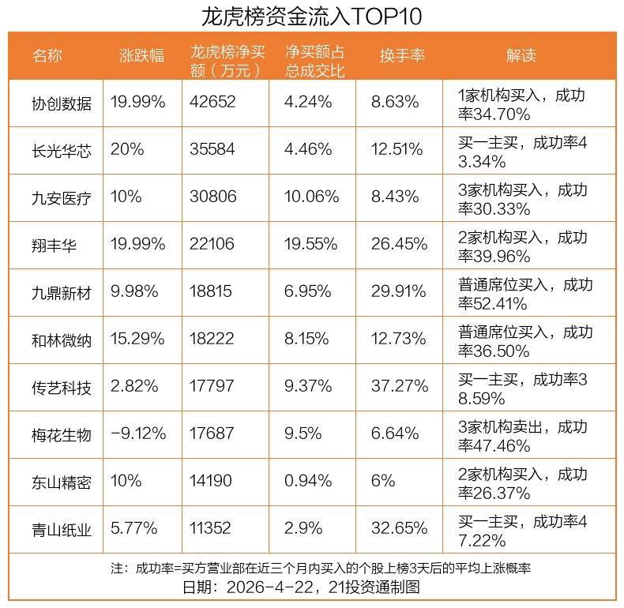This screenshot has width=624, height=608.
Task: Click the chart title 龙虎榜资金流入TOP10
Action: coord(312,15)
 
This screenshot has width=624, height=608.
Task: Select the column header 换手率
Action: coord(402,55)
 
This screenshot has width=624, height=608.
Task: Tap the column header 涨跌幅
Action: coord(142,55)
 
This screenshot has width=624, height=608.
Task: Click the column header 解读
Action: coord(521,55)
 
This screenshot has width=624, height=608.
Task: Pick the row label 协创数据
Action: coord(62,103)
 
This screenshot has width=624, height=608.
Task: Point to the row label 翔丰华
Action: coord(55,245)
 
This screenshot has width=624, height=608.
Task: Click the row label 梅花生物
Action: coord(62,434)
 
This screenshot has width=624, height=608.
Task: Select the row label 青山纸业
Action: coord(62,529)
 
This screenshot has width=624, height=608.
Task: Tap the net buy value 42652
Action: coord(213,103)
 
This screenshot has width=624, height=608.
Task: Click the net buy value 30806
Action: coord(213,197)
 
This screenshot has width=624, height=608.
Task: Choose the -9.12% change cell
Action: coord(139,434)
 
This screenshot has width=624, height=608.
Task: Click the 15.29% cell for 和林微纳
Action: coord(138,340)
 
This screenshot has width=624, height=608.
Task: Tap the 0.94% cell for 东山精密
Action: coord(309,482)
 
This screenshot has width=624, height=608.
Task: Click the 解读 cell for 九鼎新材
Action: coord(525,293)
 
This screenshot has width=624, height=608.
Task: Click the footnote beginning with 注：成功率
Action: coord(320,569)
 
